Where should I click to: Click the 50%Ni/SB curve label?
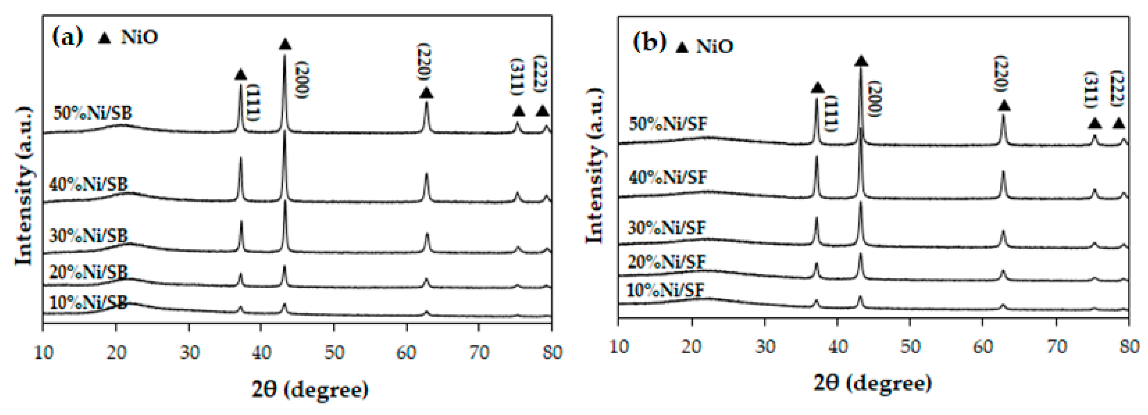click(x=93, y=113)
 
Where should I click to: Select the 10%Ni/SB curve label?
click(x=88, y=303)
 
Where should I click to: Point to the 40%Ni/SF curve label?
click(x=667, y=178)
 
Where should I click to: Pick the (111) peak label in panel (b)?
click(x=831, y=114)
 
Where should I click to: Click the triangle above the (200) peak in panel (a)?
click(x=285, y=44)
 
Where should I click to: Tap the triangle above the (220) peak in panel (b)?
click(x=1003, y=106)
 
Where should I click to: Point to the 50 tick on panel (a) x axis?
click(x=334, y=353)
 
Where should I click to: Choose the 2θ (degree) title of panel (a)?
click(x=310, y=390)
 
